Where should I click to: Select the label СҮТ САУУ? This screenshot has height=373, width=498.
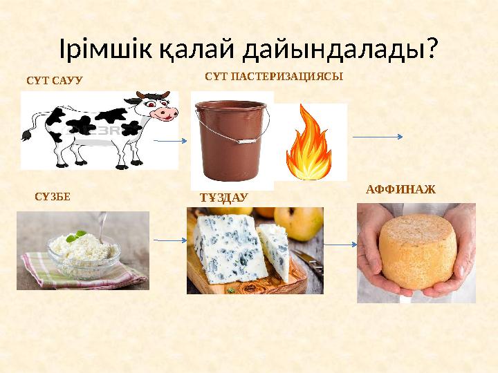coord(54,80)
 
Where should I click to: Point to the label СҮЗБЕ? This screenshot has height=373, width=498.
coord(52,196)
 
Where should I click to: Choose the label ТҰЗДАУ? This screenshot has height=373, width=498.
coord(223,198)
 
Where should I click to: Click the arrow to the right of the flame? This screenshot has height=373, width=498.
coord(378,137)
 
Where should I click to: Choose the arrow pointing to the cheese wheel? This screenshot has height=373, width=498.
coord(340,244)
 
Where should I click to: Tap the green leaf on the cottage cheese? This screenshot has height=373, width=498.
coord(80,236)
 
